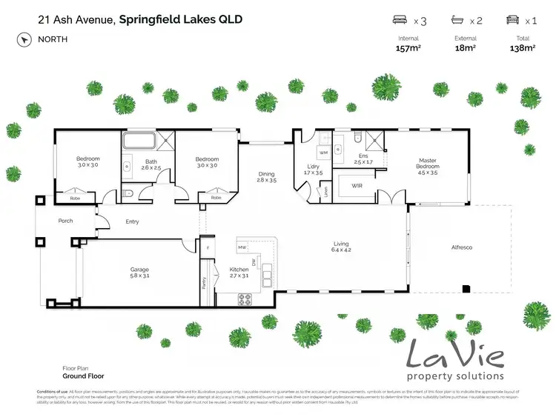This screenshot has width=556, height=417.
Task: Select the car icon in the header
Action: [x=512, y=21]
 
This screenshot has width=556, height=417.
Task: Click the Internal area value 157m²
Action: [x=408, y=48]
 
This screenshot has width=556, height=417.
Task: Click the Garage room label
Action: [x=140, y=273]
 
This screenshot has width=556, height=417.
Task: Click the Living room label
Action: [x=341, y=247]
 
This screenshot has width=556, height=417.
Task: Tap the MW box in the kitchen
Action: [x=242, y=247]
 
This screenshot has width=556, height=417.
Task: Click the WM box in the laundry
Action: [x=323, y=153]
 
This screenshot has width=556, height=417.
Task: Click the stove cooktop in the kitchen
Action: [x=245, y=298]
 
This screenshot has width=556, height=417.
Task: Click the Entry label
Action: [x=132, y=221]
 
